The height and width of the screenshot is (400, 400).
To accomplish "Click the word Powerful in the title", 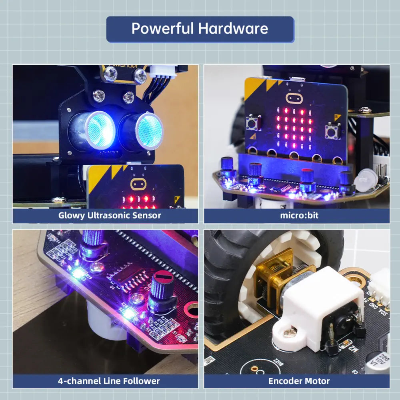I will [x=162, y=29].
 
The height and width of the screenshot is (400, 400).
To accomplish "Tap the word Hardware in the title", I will [x=233, y=29].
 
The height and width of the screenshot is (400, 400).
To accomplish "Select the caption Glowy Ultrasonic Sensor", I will [x=110, y=216].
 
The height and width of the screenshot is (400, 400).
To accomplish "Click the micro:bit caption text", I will [x=296, y=216].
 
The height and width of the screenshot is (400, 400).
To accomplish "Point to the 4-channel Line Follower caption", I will [x=109, y=381].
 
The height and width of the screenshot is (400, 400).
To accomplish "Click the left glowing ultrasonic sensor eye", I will [x=99, y=129].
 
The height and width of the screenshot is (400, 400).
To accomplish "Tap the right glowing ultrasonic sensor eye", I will [x=149, y=129].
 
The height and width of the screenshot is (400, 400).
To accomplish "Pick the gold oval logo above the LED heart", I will [x=294, y=98].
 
